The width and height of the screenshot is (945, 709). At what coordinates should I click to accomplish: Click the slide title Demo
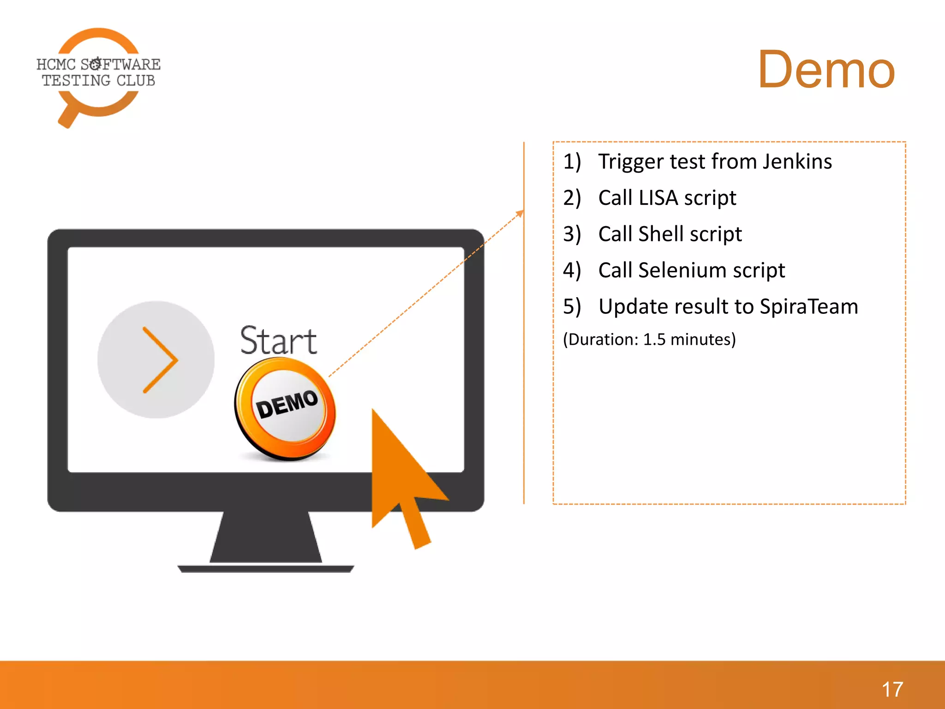826,70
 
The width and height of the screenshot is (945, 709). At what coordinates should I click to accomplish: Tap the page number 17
892,690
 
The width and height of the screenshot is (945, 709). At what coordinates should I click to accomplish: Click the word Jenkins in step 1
797,162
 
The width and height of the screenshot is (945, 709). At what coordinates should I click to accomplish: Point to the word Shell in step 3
661,234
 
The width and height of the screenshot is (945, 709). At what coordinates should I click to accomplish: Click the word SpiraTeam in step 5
808,306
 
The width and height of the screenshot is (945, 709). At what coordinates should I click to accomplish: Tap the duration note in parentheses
649,339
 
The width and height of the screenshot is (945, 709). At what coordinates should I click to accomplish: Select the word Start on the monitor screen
278,341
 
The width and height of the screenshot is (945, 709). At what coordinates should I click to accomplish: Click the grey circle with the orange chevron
156,360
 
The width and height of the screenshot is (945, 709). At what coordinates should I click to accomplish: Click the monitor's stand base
266,569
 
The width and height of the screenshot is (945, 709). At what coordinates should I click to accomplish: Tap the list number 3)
572,234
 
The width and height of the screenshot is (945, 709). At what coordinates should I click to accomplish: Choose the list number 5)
572,306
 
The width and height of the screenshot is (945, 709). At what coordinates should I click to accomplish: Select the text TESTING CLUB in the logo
99,81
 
